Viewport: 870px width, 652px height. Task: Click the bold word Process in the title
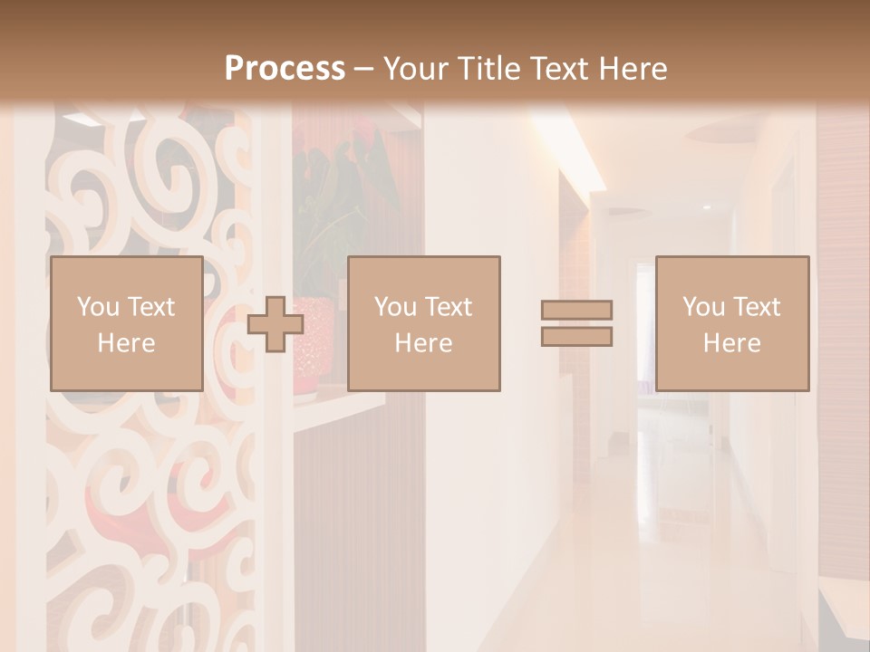(285, 69)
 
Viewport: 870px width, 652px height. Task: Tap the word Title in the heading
(486, 69)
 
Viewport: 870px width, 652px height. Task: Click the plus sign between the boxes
(275, 324)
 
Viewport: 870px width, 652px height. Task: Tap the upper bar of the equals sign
(576, 310)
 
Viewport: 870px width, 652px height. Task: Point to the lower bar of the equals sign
(576, 337)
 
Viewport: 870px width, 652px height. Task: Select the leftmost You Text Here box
(126, 323)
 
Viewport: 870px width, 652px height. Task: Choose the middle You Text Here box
(423, 323)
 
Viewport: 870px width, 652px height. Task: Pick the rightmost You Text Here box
(731, 323)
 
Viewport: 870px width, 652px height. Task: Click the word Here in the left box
(126, 343)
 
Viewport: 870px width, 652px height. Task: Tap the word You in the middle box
(395, 307)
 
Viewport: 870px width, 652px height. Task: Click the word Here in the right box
(731, 343)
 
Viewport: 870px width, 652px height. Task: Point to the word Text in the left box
(151, 307)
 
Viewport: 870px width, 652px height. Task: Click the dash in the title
(363, 70)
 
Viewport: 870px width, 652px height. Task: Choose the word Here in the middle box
(423, 343)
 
